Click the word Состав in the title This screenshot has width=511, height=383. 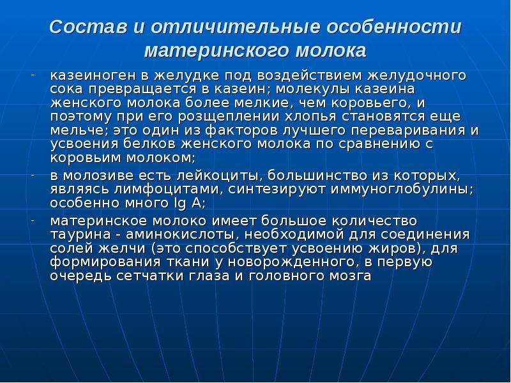[x=88, y=27]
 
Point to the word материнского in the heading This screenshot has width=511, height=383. [x=217, y=51]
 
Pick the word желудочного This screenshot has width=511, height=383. [x=418, y=76]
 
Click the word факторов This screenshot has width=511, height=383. [x=243, y=131]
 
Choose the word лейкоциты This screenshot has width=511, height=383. [x=220, y=176]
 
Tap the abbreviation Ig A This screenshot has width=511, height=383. [x=188, y=204]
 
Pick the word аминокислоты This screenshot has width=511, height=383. [x=182, y=235]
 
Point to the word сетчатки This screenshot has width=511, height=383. [x=151, y=276]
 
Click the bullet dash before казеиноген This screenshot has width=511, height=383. [x=33, y=75]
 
